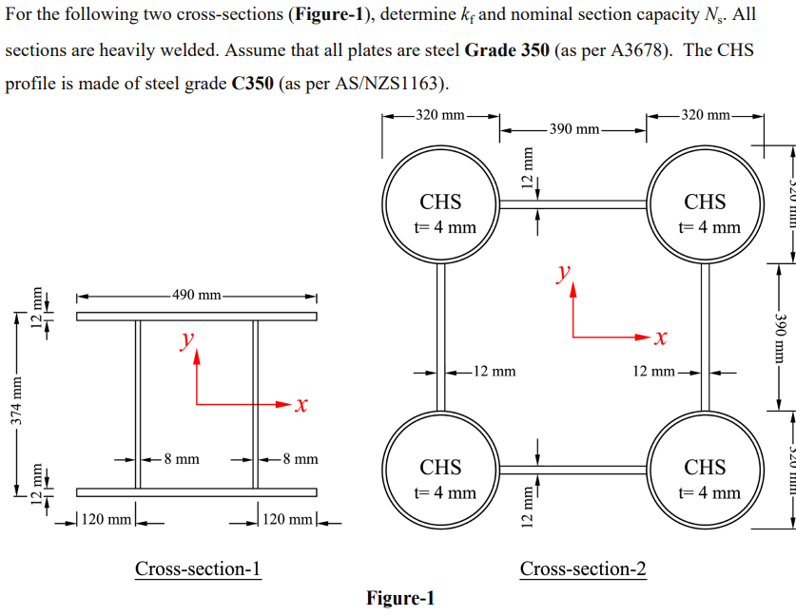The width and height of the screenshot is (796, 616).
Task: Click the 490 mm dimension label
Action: (197, 294)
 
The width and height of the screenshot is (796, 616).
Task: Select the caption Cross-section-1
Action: (198, 568)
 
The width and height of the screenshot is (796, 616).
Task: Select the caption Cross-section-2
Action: (583, 568)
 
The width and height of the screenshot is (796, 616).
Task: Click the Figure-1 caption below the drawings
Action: (399, 598)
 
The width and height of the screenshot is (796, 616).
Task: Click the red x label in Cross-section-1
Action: (301, 406)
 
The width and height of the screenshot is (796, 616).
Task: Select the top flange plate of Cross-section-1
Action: (197, 317)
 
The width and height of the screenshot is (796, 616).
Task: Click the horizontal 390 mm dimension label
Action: (573, 128)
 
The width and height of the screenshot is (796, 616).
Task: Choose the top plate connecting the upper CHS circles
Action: (573, 203)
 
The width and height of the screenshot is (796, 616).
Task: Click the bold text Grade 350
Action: (507, 49)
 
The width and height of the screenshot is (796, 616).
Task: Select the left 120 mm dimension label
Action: (107, 520)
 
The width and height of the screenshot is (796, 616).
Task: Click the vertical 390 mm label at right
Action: (780, 337)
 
